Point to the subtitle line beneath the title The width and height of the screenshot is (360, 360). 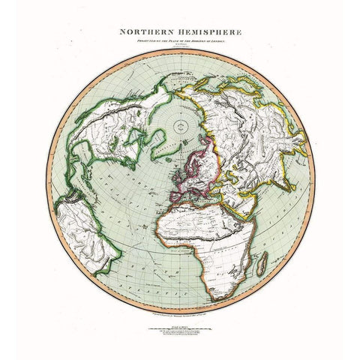point(180,43)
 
